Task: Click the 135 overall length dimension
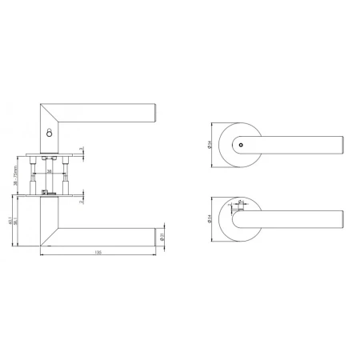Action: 97,251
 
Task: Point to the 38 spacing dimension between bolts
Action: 50,170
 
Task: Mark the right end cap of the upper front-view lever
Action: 342,145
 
